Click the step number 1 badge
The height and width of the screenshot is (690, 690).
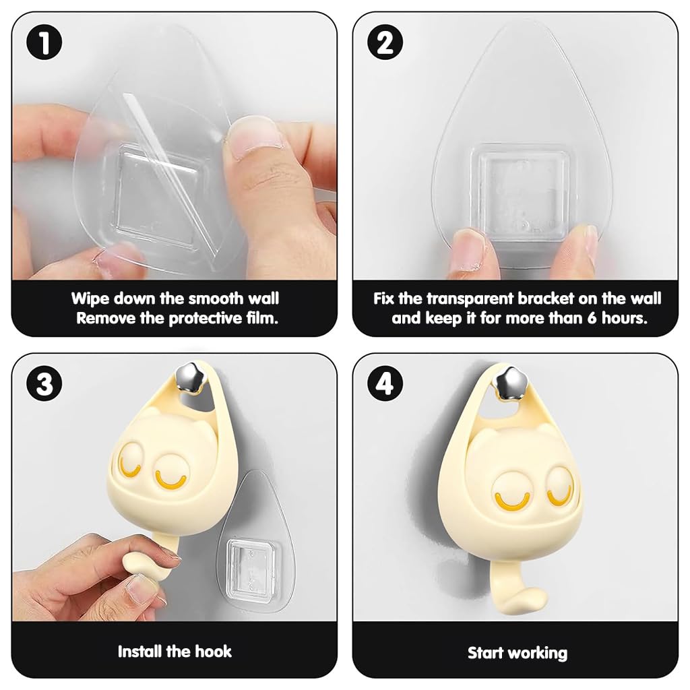click(44, 42)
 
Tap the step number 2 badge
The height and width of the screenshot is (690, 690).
click(385, 42)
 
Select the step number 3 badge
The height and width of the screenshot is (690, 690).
click(44, 383)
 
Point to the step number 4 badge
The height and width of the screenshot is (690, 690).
click(385, 383)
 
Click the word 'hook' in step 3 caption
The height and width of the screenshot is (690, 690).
click(213, 652)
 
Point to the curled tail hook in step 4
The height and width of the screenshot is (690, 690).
click(517, 590)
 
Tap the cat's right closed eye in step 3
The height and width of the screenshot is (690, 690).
click(170, 480)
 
